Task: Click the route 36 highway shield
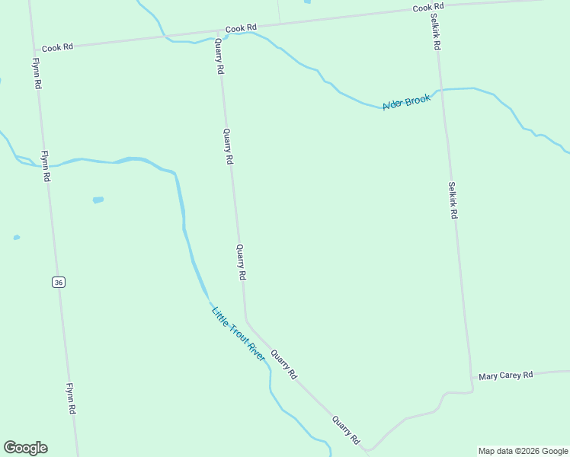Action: point(59,282)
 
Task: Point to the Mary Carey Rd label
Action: point(506,376)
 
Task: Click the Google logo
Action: point(25,448)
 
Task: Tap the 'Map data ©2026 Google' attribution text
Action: point(523,451)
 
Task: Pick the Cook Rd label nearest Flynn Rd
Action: point(57,47)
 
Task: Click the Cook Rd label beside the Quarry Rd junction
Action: point(242,28)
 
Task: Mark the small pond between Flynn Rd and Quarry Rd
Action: point(98,200)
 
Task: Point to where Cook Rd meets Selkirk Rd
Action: point(429,10)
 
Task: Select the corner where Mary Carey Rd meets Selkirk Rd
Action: point(472,378)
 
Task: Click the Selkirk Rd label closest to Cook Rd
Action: point(434,32)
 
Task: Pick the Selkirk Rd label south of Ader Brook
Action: point(452,200)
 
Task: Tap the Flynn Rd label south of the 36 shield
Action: point(71,398)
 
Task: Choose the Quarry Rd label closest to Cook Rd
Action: point(219,56)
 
